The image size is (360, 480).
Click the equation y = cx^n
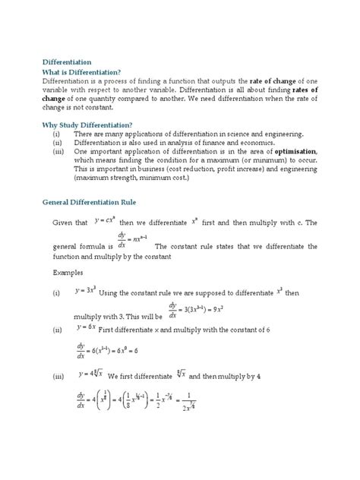click(x=109, y=220)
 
